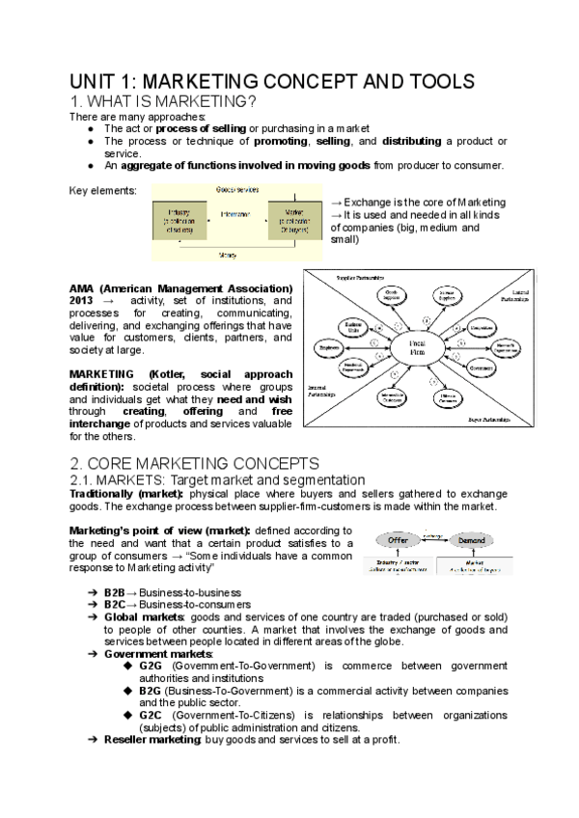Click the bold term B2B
[x=117, y=591]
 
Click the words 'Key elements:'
[x=103, y=190]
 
